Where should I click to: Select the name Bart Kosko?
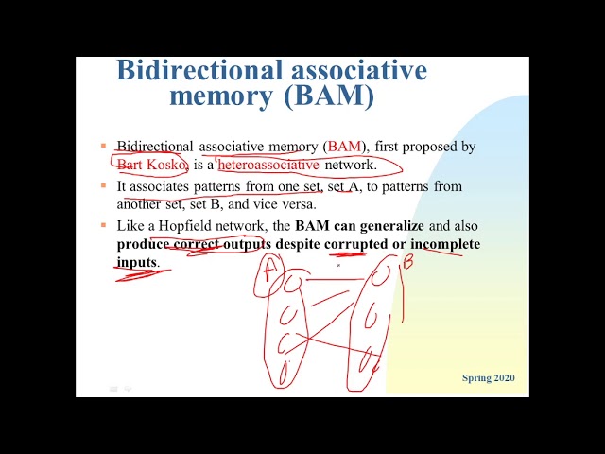pyautogui.click(x=152, y=165)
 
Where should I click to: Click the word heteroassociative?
pyautogui.click(x=268, y=165)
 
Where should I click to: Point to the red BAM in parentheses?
pyautogui.click(x=345, y=147)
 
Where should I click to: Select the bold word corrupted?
pyautogui.click(x=357, y=245)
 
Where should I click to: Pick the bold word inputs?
pyautogui.click(x=137, y=262)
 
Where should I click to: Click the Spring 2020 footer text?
pyautogui.click(x=489, y=378)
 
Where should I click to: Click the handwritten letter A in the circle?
pyautogui.click(x=269, y=271)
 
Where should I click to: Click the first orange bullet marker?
pyautogui.click(x=103, y=146)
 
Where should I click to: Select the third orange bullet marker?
pyautogui.click(x=103, y=226)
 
